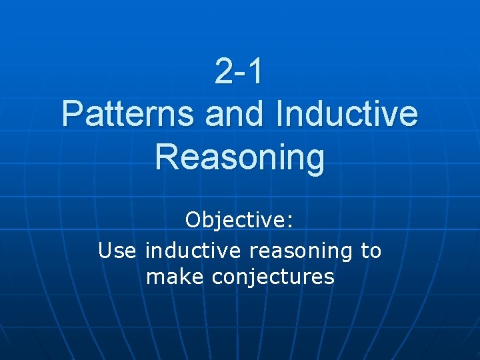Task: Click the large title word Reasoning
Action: point(240,159)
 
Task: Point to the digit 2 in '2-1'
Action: point(223,71)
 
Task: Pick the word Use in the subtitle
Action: point(117,251)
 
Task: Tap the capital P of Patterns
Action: point(71,114)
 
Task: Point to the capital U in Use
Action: point(105,251)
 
